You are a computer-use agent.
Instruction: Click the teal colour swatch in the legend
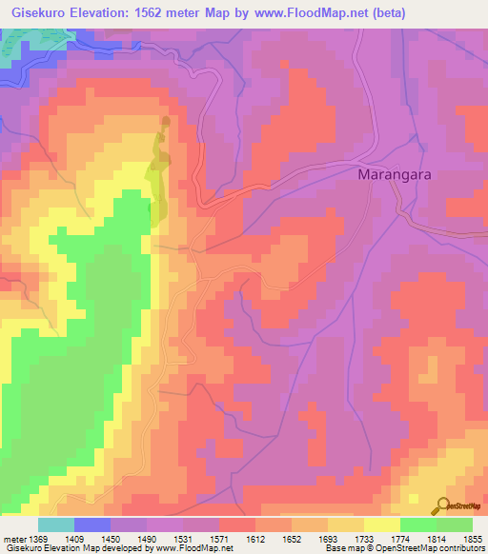(x=56, y=524)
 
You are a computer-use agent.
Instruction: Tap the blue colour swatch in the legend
(x=92, y=524)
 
